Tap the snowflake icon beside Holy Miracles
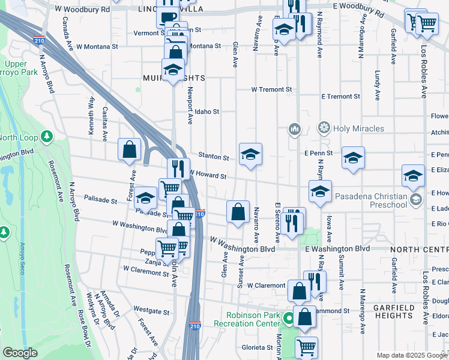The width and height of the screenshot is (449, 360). (324, 128)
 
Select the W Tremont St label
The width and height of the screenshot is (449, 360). (271, 89)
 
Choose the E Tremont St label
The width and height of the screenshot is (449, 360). (340, 96)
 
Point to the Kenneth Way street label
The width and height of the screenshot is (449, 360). (91, 112)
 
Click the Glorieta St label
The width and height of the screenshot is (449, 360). (258, 347)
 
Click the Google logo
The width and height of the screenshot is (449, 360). (20, 353)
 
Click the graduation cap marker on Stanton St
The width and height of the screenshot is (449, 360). (250, 154)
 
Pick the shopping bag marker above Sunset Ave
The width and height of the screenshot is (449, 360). (238, 211)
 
